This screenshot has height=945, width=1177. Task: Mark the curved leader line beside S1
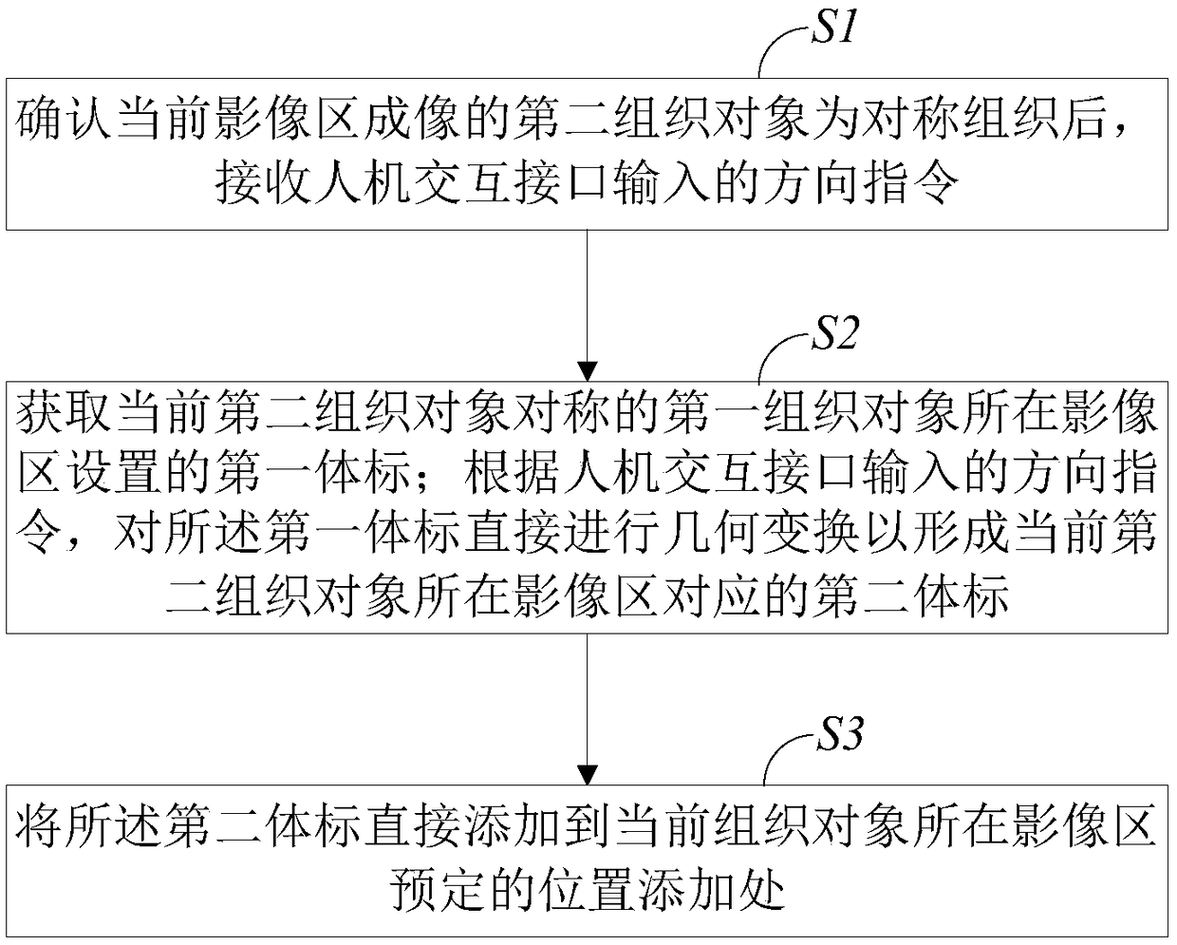coord(778,47)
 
